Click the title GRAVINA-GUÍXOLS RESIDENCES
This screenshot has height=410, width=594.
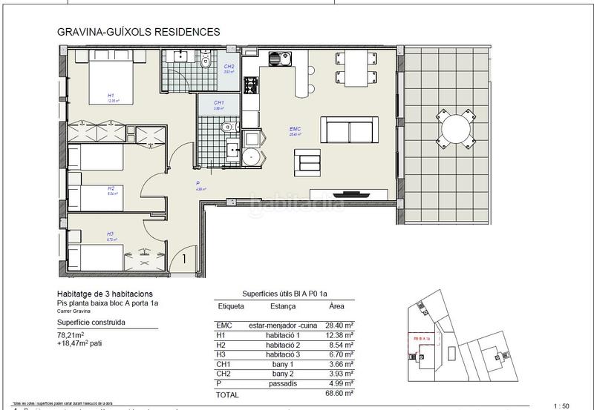coord(138,33)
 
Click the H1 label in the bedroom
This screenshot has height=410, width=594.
coord(111,96)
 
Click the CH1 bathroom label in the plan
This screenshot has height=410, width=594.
coord(219,104)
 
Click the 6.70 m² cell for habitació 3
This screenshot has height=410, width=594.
coord(340,355)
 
